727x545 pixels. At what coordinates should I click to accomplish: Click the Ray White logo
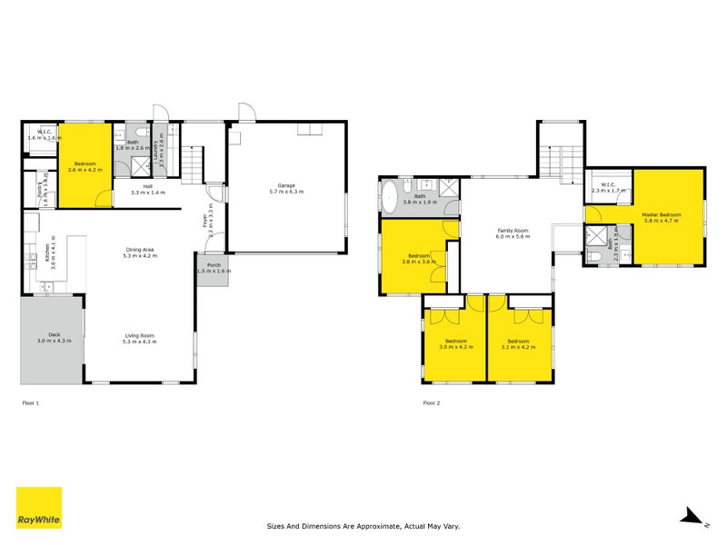pos(39,508)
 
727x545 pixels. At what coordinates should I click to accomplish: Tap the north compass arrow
pos(692,517)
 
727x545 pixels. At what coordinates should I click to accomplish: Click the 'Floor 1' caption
pos(31,401)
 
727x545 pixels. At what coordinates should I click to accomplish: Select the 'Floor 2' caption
pos(433,401)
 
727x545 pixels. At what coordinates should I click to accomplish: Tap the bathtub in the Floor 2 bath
pos(390,197)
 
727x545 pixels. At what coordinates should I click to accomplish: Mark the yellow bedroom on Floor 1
pos(88,164)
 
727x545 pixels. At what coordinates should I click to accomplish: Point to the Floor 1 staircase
pos(193,164)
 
